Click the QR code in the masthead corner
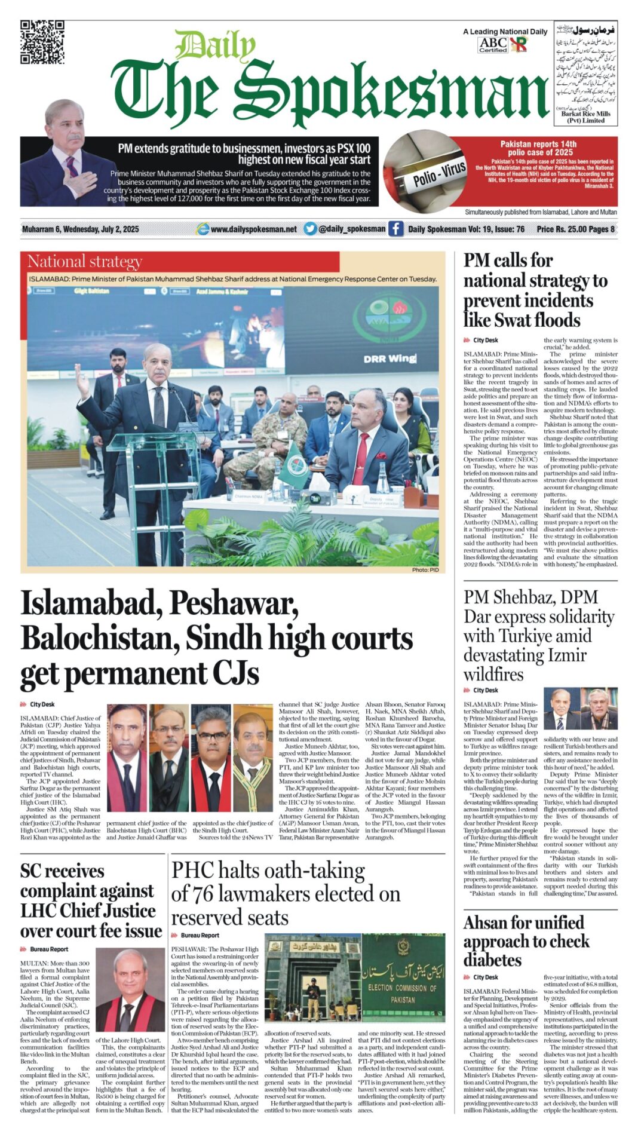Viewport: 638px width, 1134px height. click(42, 42)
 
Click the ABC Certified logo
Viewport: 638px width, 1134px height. click(493, 45)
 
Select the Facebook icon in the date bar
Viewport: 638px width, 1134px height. click(395, 229)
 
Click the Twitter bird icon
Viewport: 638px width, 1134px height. click(309, 229)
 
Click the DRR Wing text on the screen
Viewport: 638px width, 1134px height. click(389, 358)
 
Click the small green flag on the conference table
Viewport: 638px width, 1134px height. click(291, 464)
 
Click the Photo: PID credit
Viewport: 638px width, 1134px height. click(425, 569)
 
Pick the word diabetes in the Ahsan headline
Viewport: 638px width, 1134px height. click(493, 960)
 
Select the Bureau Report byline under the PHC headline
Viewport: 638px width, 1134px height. click(200, 936)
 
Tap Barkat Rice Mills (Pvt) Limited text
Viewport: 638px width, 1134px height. click(586, 117)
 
